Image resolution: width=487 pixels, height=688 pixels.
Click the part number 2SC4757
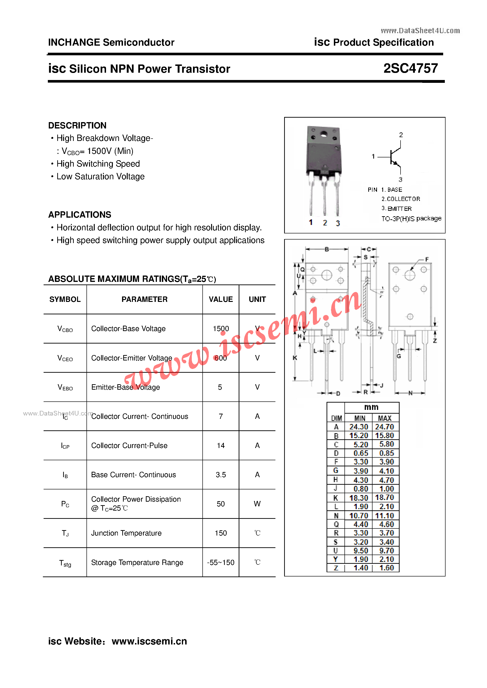410,68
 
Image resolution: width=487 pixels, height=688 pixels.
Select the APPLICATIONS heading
79,215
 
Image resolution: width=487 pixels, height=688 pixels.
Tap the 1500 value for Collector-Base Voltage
221,328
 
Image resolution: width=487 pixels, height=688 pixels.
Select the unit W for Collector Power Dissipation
257,504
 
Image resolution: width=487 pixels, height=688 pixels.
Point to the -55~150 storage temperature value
221,562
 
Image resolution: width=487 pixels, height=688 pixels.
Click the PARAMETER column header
144,299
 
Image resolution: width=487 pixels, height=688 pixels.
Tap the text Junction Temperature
126,533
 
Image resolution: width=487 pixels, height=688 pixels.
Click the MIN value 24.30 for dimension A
359,427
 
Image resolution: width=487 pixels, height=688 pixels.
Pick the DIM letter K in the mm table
336,498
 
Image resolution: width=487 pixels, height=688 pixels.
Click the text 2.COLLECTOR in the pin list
401,199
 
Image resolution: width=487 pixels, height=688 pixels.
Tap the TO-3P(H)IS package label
411,218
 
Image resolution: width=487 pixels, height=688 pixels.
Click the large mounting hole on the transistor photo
323,134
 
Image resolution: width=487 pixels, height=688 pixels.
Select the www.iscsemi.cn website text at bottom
149,641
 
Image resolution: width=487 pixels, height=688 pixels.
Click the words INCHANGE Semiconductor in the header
111,42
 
